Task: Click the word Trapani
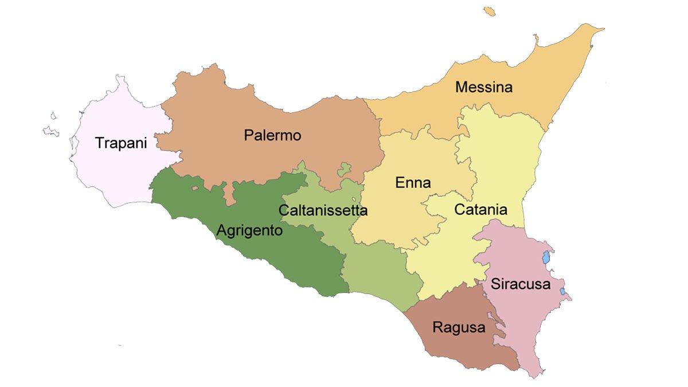pyautogui.click(x=121, y=143)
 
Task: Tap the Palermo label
pyautogui.click(x=272, y=136)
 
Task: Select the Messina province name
pyautogui.click(x=483, y=88)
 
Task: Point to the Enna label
pyautogui.click(x=413, y=183)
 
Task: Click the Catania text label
pyautogui.click(x=480, y=209)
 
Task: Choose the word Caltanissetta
pyautogui.click(x=323, y=210)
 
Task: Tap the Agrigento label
pyautogui.click(x=249, y=230)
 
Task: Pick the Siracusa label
pyautogui.click(x=521, y=284)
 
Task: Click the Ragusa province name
pyautogui.click(x=459, y=328)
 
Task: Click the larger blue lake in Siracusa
pyautogui.click(x=546, y=257)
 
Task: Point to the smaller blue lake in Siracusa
pyautogui.click(x=562, y=292)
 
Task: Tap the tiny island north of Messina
pyautogui.click(x=489, y=11)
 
